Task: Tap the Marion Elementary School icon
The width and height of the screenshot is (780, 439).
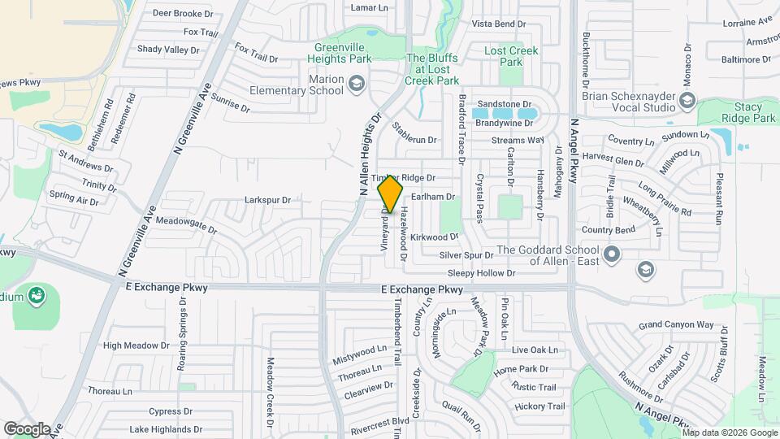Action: [x=356, y=85]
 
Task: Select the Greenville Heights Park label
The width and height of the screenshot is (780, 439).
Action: [x=349, y=53]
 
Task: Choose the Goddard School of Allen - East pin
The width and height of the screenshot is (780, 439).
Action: [x=612, y=255]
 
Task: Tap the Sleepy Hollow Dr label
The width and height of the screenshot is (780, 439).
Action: [x=482, y=275]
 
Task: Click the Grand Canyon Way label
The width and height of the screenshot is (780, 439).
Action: [x=675, y=324]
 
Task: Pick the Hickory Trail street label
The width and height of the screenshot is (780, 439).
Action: [x=539, y=406]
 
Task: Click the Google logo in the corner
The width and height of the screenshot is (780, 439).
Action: [x=27, y=428]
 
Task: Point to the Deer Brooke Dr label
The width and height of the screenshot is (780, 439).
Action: [x=182, y=13]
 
